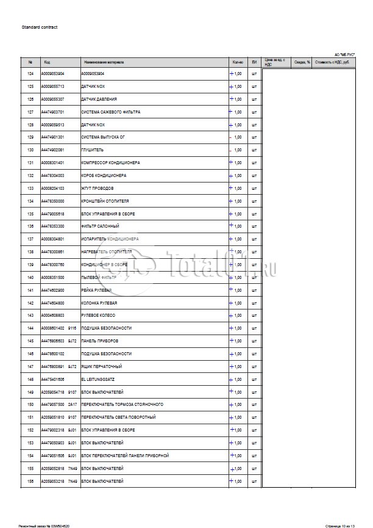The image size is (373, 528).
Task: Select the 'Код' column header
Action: click(x=47, y=62)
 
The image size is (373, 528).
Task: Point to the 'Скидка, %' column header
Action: click(x=302, y=62)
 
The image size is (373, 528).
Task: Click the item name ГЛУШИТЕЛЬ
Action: click(x=92, y=150)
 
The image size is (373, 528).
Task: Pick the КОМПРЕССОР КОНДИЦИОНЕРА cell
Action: click(x=110, y=163)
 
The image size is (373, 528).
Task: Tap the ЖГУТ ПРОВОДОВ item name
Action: click(x=97, y=189)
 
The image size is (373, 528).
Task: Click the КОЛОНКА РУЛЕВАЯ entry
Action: click(x=99, y=303)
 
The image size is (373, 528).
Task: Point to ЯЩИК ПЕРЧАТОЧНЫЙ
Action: click(x=101, y=366)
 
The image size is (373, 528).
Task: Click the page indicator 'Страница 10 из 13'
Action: click(x=339, y=524)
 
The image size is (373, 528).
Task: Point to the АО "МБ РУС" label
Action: click(x=345, y=54)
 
